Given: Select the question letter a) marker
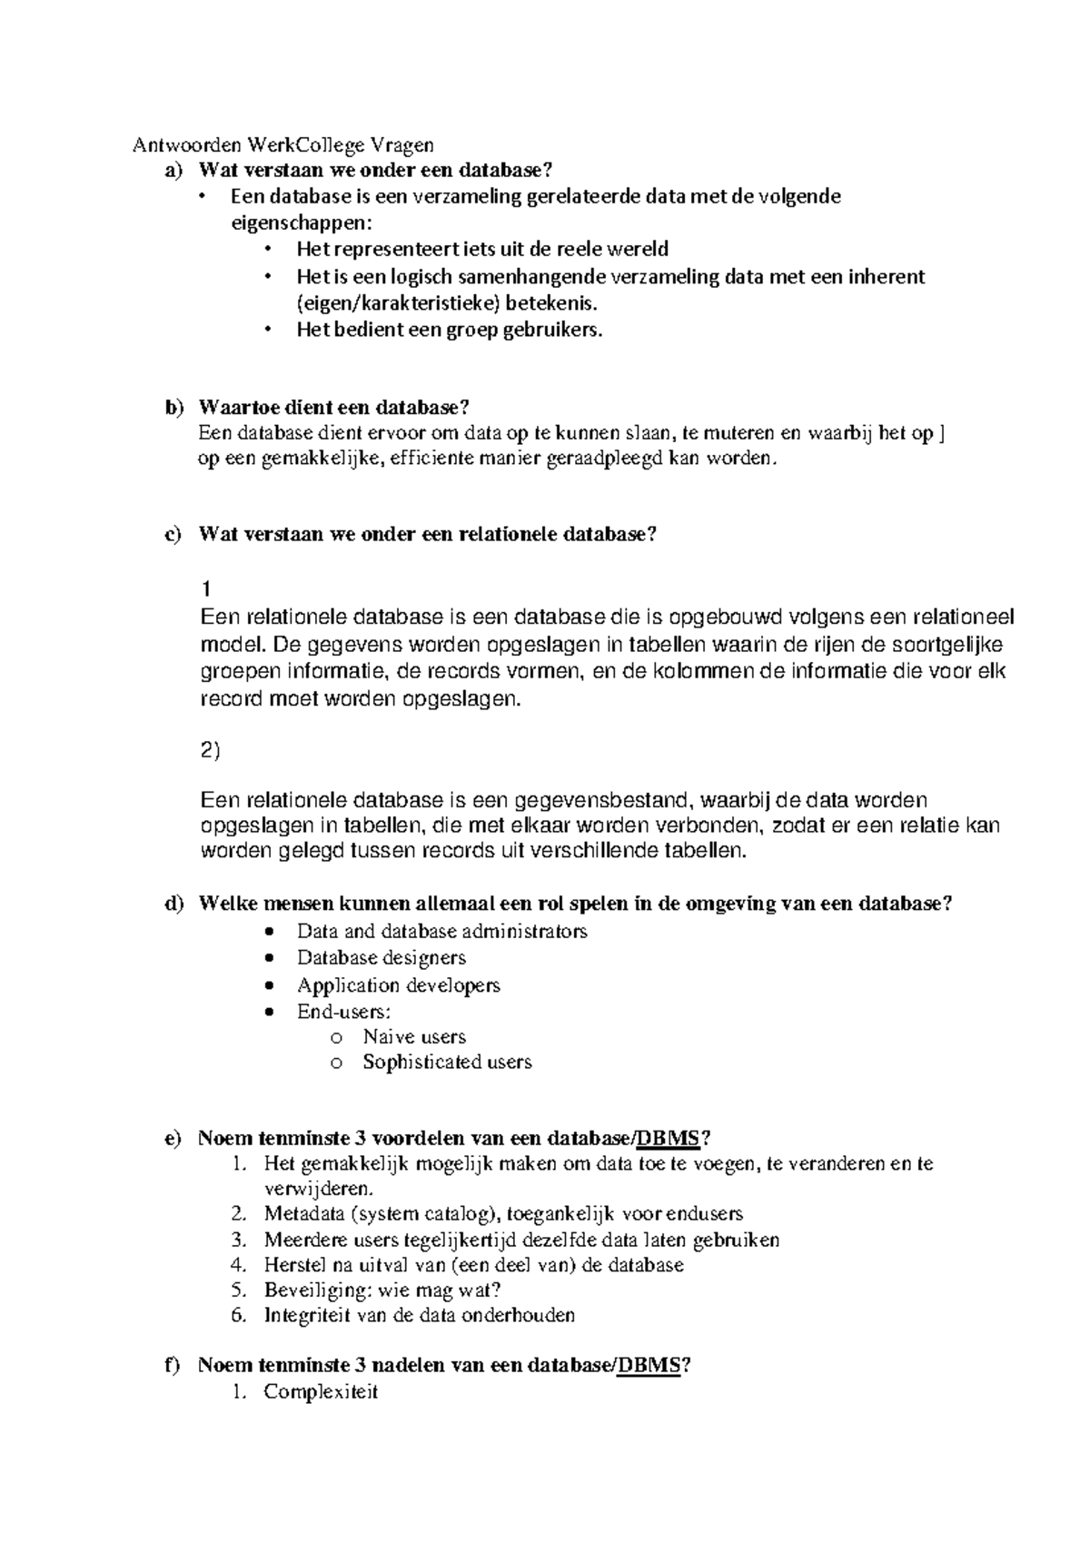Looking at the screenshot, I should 173,170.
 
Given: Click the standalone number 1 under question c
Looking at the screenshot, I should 208,589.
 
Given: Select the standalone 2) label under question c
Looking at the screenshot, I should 210,751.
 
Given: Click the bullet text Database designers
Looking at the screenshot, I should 381,957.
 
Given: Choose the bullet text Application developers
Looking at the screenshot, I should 398,985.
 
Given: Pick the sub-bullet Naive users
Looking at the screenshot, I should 414,1036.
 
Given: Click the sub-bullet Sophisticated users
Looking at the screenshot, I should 447,1062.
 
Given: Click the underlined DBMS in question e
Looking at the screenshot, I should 668,1139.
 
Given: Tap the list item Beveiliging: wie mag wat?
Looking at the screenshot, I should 382,1290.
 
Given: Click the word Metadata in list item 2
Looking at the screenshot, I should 304,1213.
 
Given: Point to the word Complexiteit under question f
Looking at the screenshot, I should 321,1391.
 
